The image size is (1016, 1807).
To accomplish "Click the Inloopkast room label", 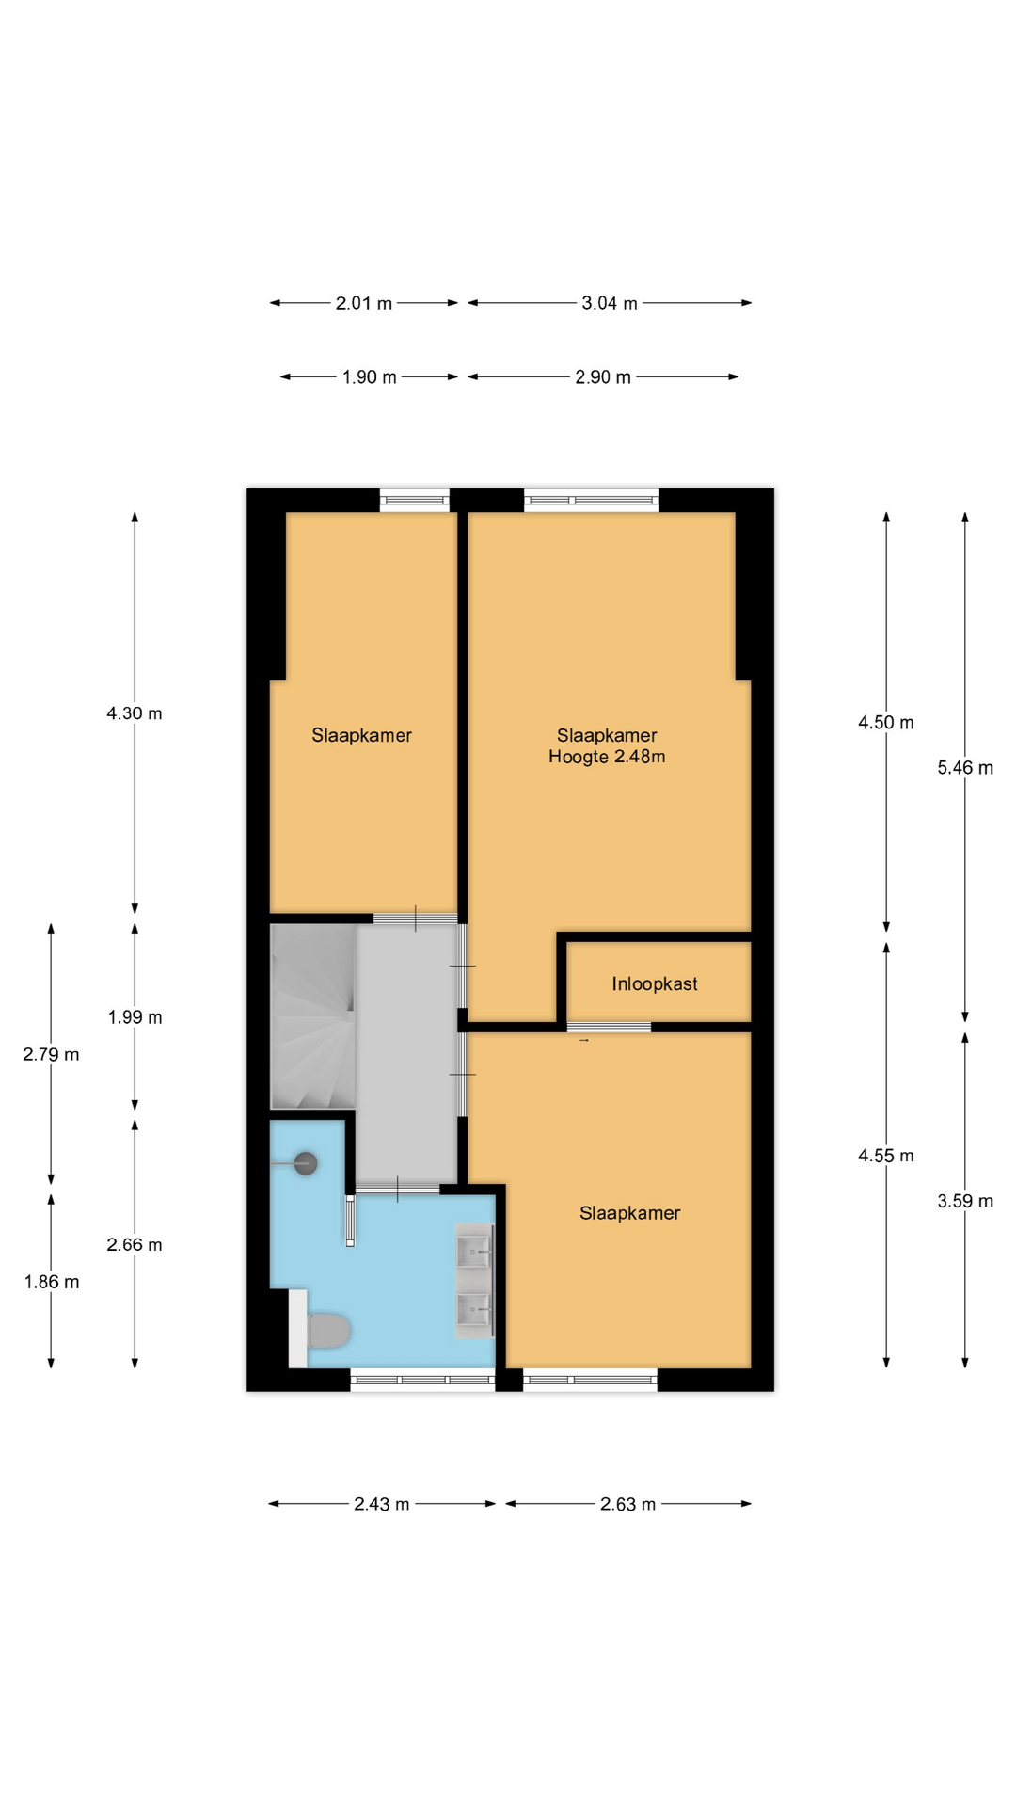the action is click(655, 984).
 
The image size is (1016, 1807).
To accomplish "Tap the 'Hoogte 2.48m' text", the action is click(607, 757).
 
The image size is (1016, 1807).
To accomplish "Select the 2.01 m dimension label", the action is click(364, 304).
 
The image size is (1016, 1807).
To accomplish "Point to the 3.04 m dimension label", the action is click(610, 304).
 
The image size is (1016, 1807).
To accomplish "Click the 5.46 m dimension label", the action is click(965, 768).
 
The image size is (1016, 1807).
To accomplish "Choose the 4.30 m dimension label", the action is click(135, 713).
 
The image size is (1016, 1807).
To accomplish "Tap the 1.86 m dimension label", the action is click(52, 1282).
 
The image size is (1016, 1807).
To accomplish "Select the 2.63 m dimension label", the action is click(628, 1505).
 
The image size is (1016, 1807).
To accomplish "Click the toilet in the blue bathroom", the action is click(325, 1330).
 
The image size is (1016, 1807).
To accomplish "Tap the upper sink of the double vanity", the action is click(474, 1252).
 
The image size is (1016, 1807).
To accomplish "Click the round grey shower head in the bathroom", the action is click(305, 1164).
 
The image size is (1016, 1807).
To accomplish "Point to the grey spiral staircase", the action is click(313, 1016).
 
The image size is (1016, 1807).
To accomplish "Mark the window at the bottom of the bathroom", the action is click(422, 1380).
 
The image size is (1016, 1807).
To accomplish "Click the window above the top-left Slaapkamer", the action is click(415, 500).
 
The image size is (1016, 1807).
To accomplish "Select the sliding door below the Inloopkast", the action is click(609, 1027).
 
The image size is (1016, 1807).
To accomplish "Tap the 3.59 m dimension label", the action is click(965, 1201).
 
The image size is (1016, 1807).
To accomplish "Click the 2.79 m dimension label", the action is click(52, 1055).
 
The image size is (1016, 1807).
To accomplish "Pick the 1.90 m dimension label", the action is click(370, 377).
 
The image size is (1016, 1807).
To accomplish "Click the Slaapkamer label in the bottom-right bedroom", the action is click(630, 1214).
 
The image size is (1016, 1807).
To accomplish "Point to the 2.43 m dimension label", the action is click(382, 1505).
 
